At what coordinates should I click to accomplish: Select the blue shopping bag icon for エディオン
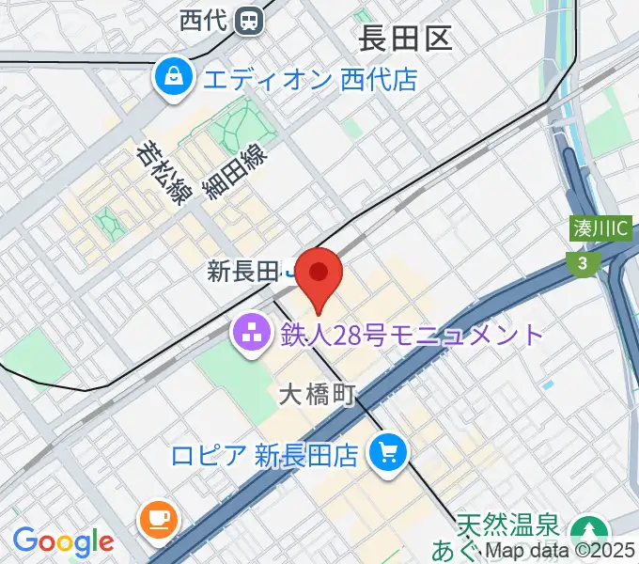pos(175,77)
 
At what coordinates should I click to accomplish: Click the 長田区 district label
pos(406,38)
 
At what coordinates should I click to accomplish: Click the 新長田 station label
pos(242,273)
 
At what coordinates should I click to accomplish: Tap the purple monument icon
pos(252,333)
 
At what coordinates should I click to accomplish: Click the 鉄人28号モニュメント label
pos(412,334)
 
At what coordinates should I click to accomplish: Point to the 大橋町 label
pos(316,395)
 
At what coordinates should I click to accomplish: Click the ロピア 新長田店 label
pos(264,456)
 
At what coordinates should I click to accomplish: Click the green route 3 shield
pos(583,265)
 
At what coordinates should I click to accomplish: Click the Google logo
pos(63,541)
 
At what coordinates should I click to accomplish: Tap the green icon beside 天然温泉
pos(592,530)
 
